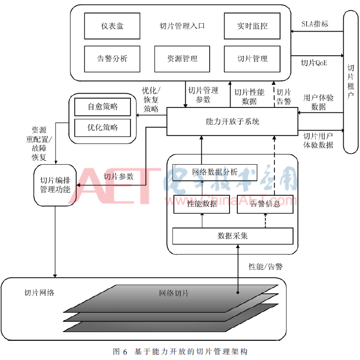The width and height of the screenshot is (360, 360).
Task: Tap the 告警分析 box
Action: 112,58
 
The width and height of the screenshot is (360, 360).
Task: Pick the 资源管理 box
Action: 182,58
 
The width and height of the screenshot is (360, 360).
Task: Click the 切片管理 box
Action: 252,58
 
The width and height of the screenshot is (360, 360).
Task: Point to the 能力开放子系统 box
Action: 232,120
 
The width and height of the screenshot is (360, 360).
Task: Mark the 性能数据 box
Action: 202,204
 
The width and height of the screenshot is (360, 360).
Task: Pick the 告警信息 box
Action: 265,204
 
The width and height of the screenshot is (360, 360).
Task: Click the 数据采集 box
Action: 232,236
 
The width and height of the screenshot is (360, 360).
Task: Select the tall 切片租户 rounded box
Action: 350,81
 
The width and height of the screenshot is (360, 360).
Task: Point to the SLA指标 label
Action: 315,24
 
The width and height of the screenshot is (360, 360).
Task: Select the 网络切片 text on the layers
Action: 173,293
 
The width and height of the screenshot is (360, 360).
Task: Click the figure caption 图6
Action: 120,352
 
